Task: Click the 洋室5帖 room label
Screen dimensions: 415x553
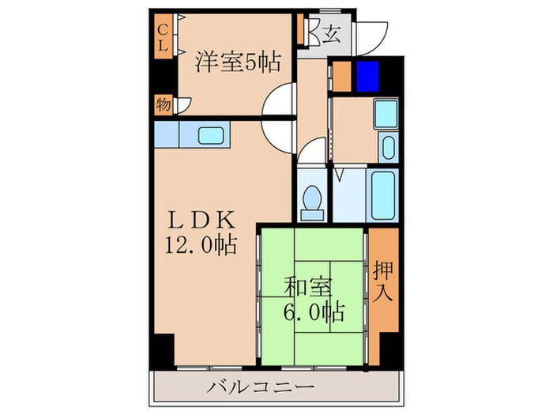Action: click(237, 61)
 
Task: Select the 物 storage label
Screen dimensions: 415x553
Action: click(163, 104)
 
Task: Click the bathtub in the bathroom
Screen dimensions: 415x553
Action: click(386, 194)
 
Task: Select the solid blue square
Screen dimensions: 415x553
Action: click(367, 74)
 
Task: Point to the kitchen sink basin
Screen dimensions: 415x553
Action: click(211, 134)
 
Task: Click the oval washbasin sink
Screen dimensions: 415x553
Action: click(387, 147)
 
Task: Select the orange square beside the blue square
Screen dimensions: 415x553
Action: click(342, 75)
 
